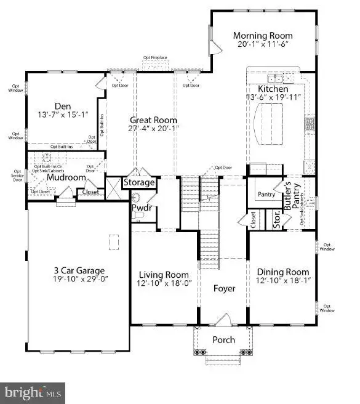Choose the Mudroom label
66,177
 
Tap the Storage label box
140,183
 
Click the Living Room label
163,275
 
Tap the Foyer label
224,288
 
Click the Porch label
223,340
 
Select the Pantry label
266,195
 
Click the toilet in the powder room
137,197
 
